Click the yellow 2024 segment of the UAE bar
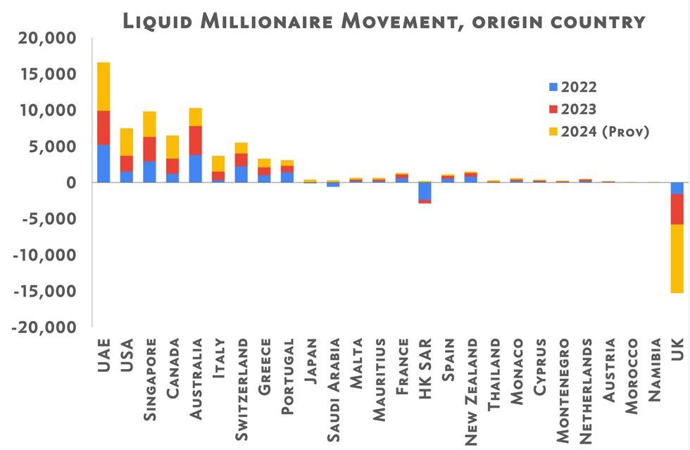pyautogui.click(x=103, y=86)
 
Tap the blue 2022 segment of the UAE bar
pyautogui.click(x=103, y=163)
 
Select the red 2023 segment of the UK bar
pyautogui.click(x=677, y=208)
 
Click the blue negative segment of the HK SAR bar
pyautogui.click(x=425, y=192)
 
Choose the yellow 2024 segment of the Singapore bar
pyautogui.click(x=149, y=124)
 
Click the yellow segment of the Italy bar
pyautogui.click(x=218, y=163)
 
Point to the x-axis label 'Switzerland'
pyautogui.click(x=241, y=381)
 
